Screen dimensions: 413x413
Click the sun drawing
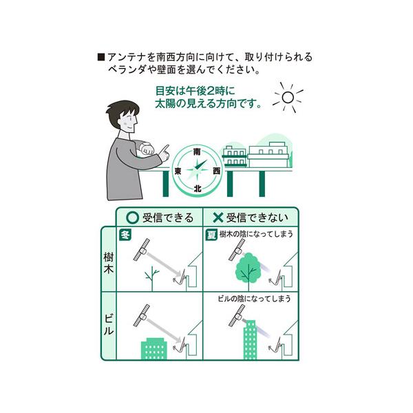click(x=288, y=97)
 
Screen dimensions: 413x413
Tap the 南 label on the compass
click(x=197, y=152)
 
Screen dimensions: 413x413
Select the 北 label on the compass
click(x=198, y=189)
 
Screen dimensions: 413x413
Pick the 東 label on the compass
click(x=178, y=171)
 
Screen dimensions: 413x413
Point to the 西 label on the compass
click(x=217, y=171)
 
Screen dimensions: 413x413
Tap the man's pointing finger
click(x=165, y=149)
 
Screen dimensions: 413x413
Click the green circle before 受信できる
click(x=132, y=218)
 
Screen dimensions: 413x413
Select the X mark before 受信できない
click(x=218, y=218)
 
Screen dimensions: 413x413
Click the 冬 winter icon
click(x=125, y=235)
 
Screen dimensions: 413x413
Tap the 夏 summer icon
click(x=211, y=235)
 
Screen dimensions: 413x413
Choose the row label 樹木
click(x=109, y=263)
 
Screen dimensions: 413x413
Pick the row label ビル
click(x=109, y=325)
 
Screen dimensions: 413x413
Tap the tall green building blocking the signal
click(x=250, y=340)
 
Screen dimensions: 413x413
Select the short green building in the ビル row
click(x=154, y=349)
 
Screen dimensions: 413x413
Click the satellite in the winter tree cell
click(x=141, y=249)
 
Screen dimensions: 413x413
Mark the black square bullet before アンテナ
click(x=101, y=57)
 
